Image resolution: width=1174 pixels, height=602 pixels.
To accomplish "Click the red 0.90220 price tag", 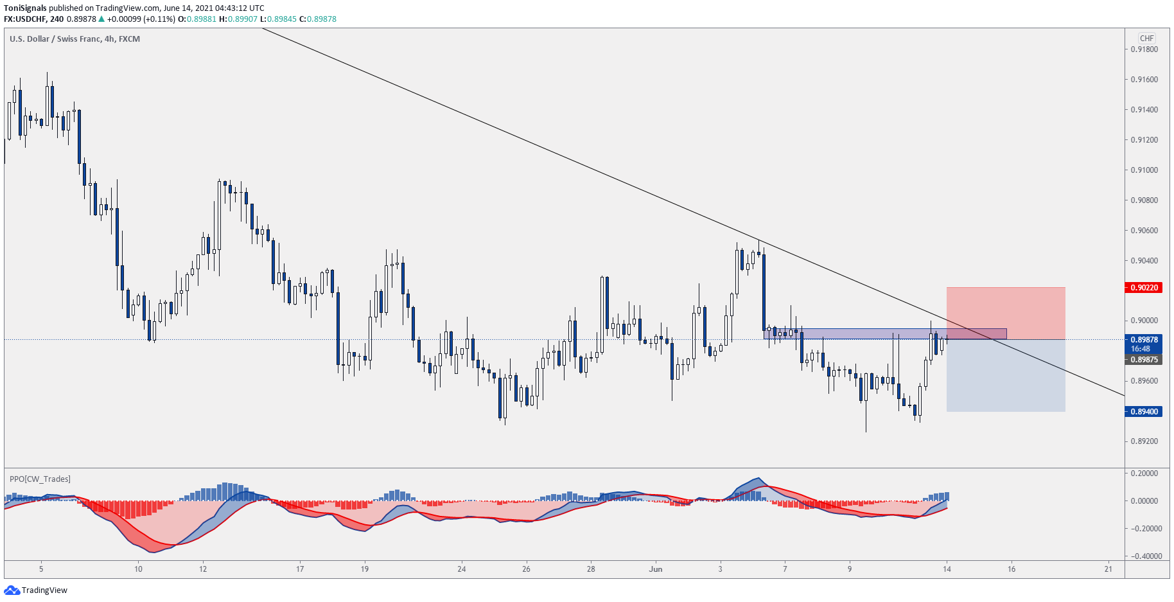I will click(1144, 287).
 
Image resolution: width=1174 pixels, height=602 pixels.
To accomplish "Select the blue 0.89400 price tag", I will click(1144, 411).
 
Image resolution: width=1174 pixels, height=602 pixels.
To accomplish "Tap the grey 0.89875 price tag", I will click(1144, 360).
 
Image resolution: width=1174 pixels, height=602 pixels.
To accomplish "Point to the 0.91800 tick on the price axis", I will click(1144, 49).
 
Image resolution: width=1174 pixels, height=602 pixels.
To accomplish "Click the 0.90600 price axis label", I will click(1144, 231).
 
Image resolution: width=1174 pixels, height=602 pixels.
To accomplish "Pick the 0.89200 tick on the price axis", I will click(1144, 441).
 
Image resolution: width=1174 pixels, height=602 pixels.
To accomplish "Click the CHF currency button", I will click(1146, 38).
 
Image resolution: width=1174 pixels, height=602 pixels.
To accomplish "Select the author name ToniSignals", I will click(25, 8).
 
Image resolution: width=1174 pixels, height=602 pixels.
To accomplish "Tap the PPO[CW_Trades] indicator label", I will click(40, 479).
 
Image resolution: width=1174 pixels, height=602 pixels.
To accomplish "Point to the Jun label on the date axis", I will click(656, 569).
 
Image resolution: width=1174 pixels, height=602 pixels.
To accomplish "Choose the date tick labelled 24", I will click(462, 569).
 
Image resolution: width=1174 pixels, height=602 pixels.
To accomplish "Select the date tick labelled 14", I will click(947, 569).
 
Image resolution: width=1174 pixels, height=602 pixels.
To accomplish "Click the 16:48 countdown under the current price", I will click(1141, 349).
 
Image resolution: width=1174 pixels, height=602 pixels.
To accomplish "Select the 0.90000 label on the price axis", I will click(1144, 321).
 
